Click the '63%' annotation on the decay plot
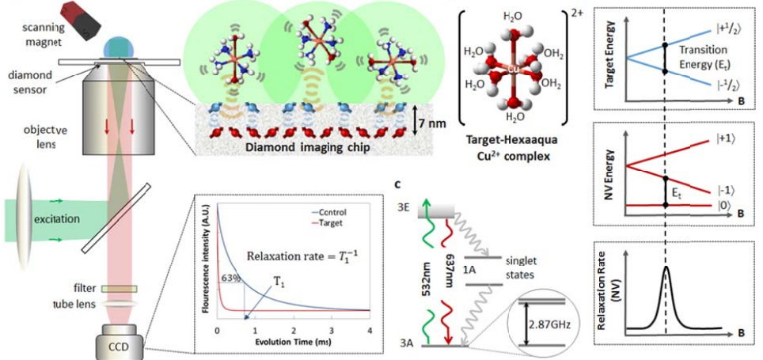pyautogui.click(x=230, y=277)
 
